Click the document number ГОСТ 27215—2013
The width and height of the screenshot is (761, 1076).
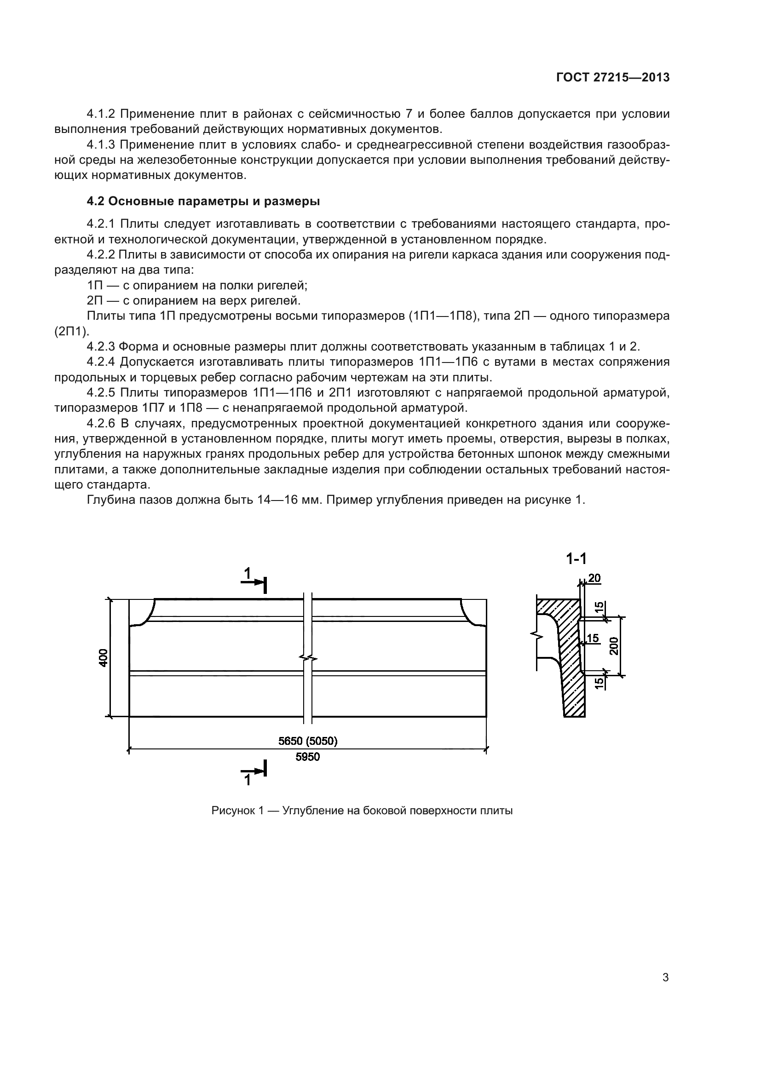[x=612, y=77]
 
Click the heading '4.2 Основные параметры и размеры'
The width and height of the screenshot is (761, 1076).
[x=203, y=201]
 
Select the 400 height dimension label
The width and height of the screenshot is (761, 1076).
[x=104, y=657]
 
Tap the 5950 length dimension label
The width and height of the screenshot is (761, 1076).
[x=307, y=757]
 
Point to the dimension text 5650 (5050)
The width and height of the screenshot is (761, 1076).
[x=308, y=741]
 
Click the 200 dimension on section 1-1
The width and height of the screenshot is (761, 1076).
[x=615, y=646]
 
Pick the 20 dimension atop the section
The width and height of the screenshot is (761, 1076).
[x=594, y=578]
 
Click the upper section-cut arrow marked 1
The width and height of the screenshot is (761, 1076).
[x=254, y=580]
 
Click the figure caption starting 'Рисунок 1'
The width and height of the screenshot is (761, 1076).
[x=362, y=810]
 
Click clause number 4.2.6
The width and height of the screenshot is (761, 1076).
[x=101, y=424]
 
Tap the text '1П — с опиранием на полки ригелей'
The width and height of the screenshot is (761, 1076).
[x=197, y=285]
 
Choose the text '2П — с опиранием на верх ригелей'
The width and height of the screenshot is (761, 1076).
[x=194, y=300]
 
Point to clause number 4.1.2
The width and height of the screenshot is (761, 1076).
[x=101, y=114]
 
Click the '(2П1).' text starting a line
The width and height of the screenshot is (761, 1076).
[x=72, y=331]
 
